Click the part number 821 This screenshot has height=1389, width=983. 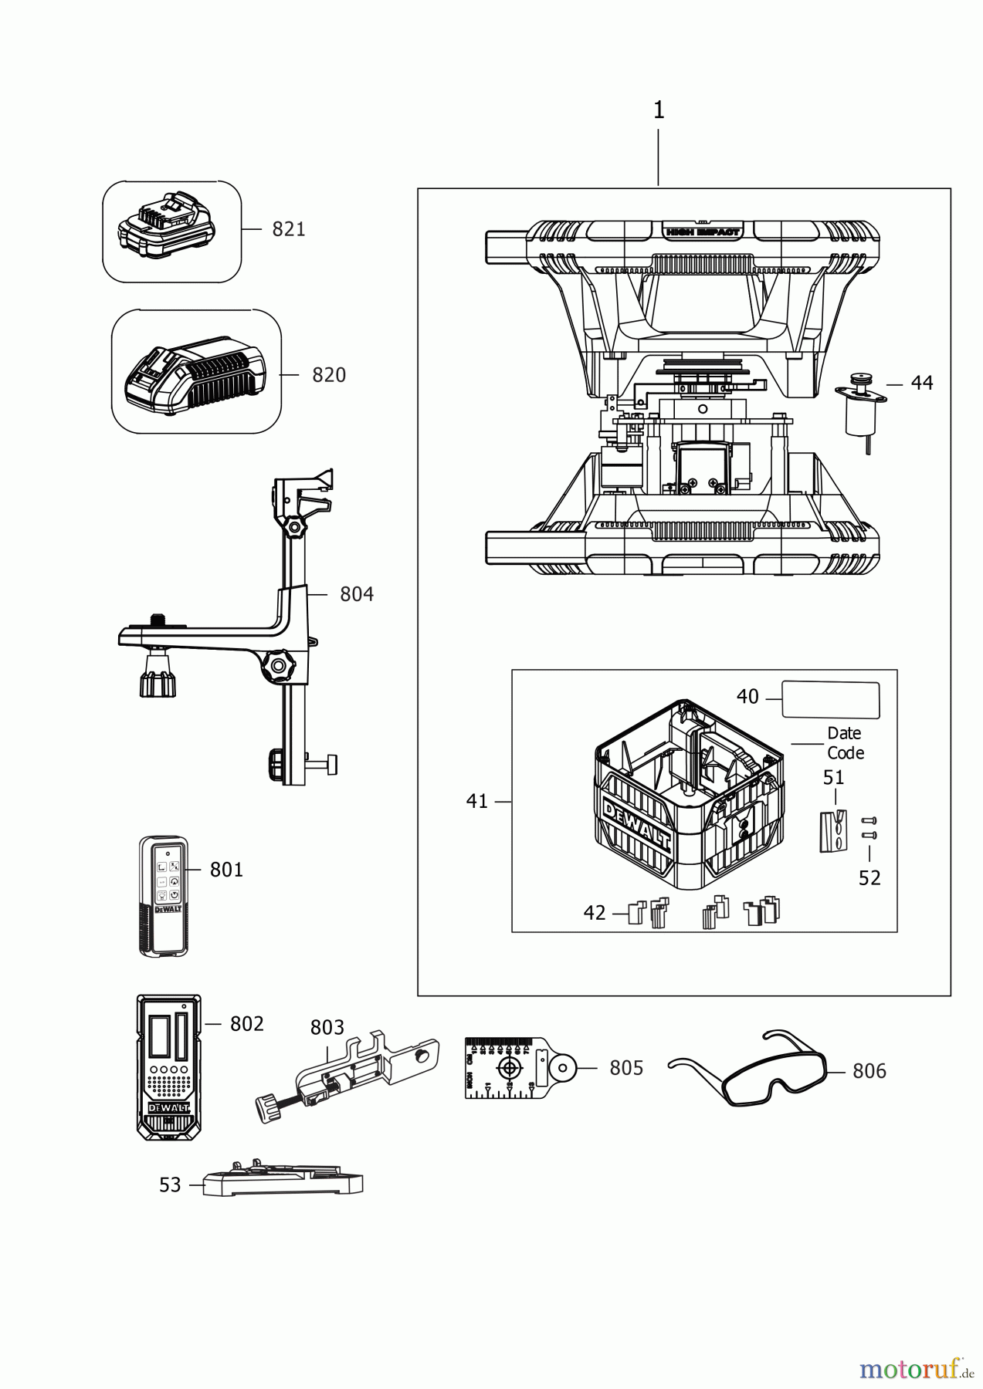coord(288,229)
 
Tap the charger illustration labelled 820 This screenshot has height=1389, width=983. coord(190,373)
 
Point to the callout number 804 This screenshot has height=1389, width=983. coord(357,594)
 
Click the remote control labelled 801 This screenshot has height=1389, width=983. coord(163,897)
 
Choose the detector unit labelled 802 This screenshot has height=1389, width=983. coord(168,1066)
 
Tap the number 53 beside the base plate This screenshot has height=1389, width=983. coord(170,1185)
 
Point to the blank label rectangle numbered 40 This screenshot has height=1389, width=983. coord(830,700)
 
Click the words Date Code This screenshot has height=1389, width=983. coord(845,743)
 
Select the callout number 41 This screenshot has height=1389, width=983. coord(477,802)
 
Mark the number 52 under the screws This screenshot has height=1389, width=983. coord(869,878)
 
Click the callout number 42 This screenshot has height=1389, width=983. coord(595,913)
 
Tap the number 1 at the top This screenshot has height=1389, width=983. coord(659,110)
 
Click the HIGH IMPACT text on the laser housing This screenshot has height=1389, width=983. coord(702,231)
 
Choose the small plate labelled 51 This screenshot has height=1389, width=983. coord(832,830)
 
